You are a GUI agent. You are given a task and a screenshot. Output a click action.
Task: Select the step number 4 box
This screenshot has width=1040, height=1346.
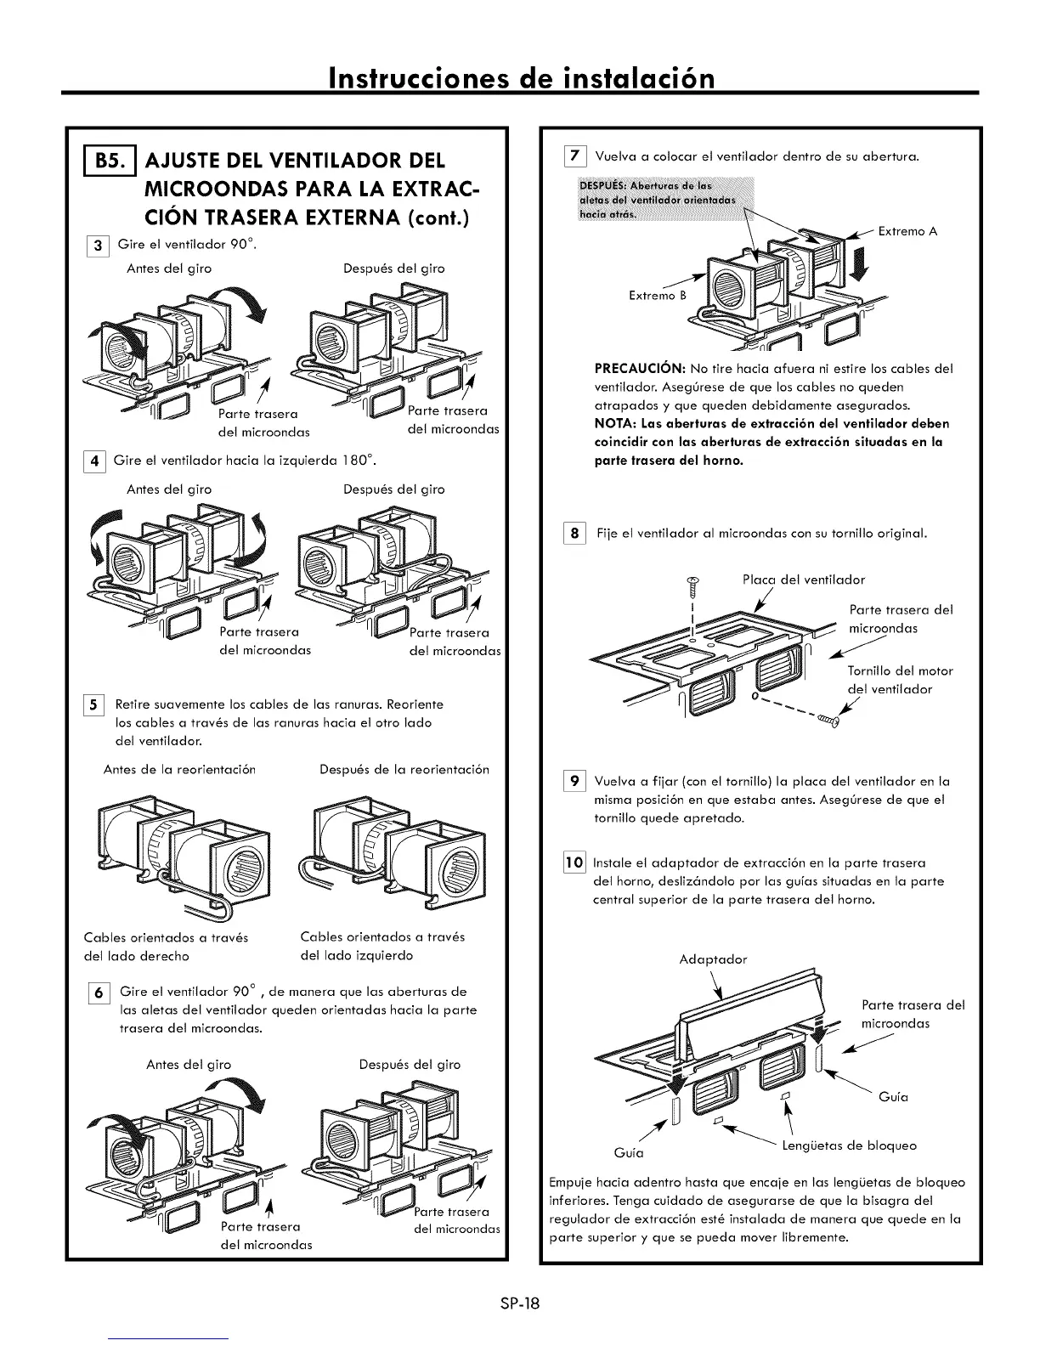(x=97, y=462)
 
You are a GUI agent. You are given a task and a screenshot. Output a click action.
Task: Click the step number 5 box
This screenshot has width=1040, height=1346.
(x=97, y=705)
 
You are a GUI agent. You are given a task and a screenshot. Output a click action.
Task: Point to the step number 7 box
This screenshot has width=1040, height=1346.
(x=575, y=156)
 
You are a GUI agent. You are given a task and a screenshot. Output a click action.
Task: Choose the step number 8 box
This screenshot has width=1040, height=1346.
(x=575, y=534)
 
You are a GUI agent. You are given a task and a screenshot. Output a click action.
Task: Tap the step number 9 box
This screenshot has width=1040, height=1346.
(x=575, y=781)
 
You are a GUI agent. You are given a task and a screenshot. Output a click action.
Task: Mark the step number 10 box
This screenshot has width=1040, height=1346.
(x=575, y=862)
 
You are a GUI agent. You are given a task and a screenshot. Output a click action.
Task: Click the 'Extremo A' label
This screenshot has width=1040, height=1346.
(x=907, y=231)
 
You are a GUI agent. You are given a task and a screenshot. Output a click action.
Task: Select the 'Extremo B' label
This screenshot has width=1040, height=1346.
(x=657, y=296)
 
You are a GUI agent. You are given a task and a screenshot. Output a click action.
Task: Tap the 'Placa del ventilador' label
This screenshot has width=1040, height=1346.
(x=803, y=580)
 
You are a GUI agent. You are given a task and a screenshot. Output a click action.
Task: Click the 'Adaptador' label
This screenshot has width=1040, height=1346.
(x=714, y=959)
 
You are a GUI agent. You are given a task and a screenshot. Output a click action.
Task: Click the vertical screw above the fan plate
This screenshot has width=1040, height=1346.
(x=692, y=585)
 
